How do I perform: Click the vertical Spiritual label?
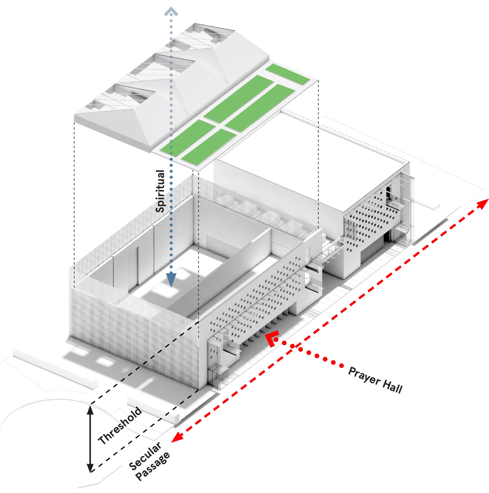(x=160, y=191)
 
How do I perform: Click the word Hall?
(x=392, y=387)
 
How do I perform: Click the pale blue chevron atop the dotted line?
(x=171, y=12)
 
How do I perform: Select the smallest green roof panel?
(x=287, y=74)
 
